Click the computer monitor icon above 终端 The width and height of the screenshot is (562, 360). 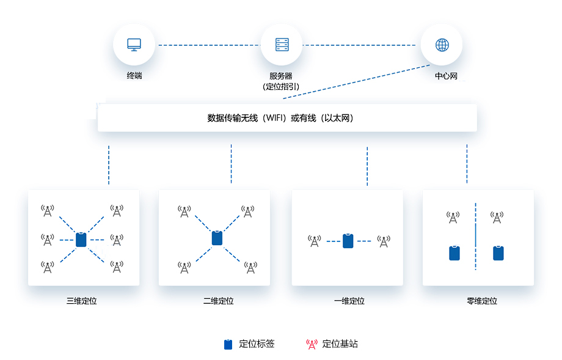pos(134,45)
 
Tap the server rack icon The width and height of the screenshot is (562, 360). pos(282,45)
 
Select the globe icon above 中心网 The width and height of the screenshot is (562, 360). pos(442,45)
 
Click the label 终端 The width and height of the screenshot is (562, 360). pos(134,76)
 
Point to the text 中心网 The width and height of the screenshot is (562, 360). pos(446,76)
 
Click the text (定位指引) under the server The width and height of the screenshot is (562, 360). pos(281,87)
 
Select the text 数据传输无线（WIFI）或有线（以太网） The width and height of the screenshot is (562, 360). pos(280,118)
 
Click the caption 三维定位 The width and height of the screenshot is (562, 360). pos(82,301)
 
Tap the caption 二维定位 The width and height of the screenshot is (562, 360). pos(219,301)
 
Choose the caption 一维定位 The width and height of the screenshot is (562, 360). pos(349,301)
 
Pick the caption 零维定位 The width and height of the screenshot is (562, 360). pos(482,301)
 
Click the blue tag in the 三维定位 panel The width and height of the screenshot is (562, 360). pos(81,240)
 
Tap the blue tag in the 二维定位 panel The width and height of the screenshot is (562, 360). pos(217,238)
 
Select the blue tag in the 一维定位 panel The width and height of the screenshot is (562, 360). pos(348,241)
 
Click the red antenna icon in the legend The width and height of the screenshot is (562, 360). pos(312,344)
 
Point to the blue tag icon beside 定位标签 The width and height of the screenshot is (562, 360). pos(228,344)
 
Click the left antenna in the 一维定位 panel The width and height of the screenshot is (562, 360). pos(315,241)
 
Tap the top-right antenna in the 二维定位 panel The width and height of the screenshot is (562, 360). pos(247,211)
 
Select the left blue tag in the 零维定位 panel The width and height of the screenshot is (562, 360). pos(454,253)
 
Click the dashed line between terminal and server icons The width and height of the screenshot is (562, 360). pos(209,45)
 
